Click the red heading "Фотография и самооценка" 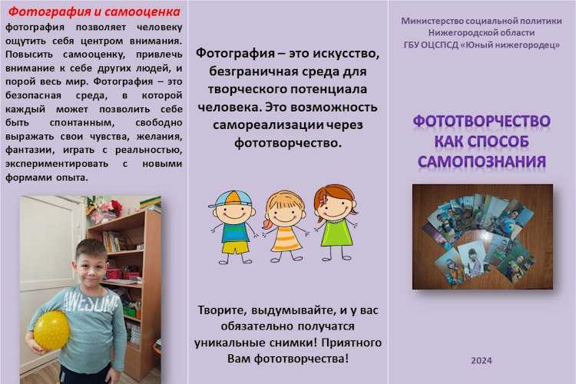click(94, 12)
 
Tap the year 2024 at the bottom click(482, 360)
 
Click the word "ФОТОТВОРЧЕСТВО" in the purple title click(482, 121)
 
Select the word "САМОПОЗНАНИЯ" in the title click(482, 162)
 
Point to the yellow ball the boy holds click(51, 329)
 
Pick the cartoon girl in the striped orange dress click(285, 227)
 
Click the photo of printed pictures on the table click(482, 237)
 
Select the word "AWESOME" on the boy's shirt click(91, 301)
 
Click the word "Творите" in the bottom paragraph click(222, 310)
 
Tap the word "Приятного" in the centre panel click(352, 343)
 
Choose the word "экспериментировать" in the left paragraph click(57, 164)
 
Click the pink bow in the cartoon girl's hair click(323, 200)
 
